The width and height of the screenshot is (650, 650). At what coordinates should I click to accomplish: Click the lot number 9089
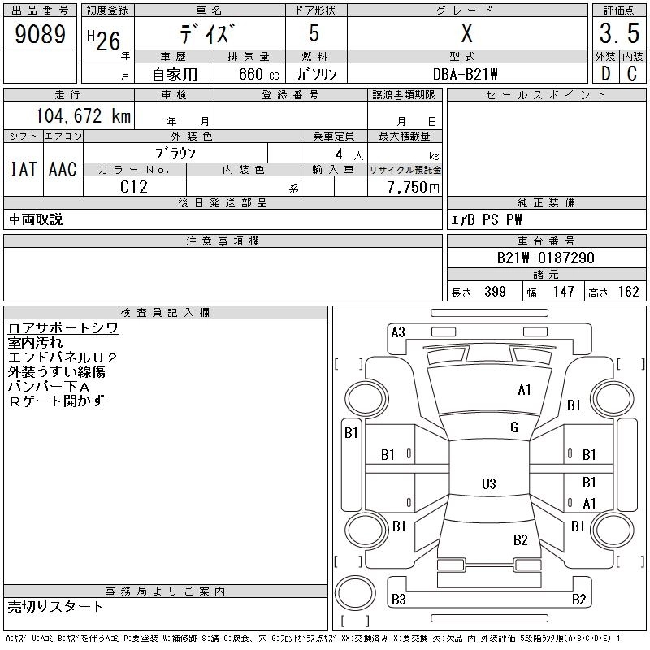pos(41,34)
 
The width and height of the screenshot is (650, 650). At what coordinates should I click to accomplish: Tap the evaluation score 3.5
pos(619,34)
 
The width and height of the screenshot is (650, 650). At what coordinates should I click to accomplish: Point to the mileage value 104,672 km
pos(83,116)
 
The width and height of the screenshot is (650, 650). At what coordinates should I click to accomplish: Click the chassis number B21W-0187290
pos(546,258)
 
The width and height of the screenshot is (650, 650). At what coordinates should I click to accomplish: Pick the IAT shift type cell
pos(23,170)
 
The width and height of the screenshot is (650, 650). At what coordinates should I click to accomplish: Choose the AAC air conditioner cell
pos(63,170)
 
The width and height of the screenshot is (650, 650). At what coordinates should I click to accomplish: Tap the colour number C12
pos(134,187)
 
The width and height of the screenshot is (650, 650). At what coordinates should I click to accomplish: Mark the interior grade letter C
pos(631,74)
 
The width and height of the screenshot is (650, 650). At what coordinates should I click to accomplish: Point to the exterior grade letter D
pos(604,74)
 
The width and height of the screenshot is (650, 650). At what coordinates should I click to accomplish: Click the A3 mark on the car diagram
pos(398,331)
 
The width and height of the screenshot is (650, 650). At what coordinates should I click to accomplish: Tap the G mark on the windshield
pos(514,427)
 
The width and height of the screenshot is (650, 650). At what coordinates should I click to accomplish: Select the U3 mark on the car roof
pos(488,484)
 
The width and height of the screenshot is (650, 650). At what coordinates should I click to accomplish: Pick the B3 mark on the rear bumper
pos(398,600)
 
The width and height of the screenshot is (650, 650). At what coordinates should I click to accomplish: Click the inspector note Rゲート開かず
pos(56,401)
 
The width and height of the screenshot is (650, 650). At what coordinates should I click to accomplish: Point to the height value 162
pos(628,292)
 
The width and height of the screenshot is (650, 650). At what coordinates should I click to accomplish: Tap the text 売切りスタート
pos(56,606)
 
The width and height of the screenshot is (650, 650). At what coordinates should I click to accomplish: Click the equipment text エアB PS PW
pos(487,219)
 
